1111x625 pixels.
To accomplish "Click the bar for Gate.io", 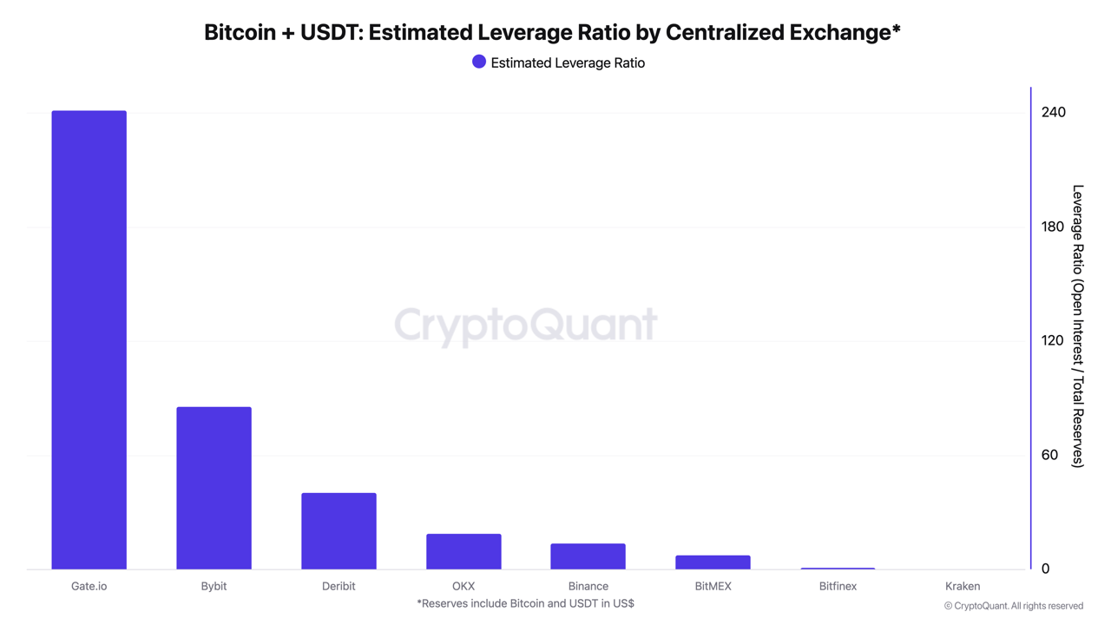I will (x=89, y=339).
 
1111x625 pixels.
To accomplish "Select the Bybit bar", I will (x=214, y=488).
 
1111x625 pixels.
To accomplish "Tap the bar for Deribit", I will (x=339, y=531).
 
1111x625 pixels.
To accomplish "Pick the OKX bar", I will (x=463, y=551).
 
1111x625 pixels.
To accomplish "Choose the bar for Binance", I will (x=588, y=556).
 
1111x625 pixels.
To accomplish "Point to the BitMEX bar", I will (x=713, y=562).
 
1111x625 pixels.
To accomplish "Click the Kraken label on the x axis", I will (x=963, y=586).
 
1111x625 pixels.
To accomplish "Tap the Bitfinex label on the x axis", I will (x=838, y=586).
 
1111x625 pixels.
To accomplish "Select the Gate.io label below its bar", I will (x=89, y=586).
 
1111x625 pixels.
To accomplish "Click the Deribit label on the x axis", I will (x=339, y=586).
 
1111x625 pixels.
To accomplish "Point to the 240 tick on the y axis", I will (x=1053, y=112).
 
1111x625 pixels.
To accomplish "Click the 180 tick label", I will (x=1052, y=227).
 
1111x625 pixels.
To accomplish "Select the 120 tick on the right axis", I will (x=1052, y=340).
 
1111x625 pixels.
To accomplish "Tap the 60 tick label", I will (x=1049, y=455).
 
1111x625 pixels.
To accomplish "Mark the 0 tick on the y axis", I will (x=1045, y=569).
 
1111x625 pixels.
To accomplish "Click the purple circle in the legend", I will (x=478, y=62).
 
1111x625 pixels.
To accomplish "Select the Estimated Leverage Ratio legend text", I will (x=568, y=62).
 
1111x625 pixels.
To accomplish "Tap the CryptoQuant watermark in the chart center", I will (x=525, y=325).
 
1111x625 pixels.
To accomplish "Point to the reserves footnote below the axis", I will (x=525, y=603).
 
